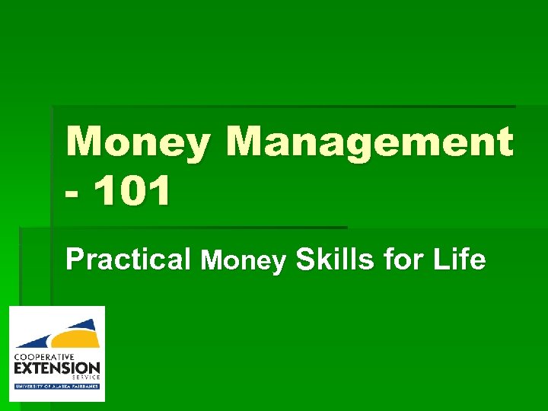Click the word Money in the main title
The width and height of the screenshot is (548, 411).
coord(135,142)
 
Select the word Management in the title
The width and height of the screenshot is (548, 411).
coord(369,142)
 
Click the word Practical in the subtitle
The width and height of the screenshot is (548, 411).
coord(128,260)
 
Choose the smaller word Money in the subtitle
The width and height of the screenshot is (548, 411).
coord(243,262)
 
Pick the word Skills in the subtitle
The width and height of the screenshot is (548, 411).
coord(335,260)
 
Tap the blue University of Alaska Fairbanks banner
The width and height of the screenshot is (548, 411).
coord(57,387)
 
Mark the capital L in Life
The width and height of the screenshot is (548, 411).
coord(439,260)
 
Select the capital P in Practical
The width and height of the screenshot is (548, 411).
coord(75,260)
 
